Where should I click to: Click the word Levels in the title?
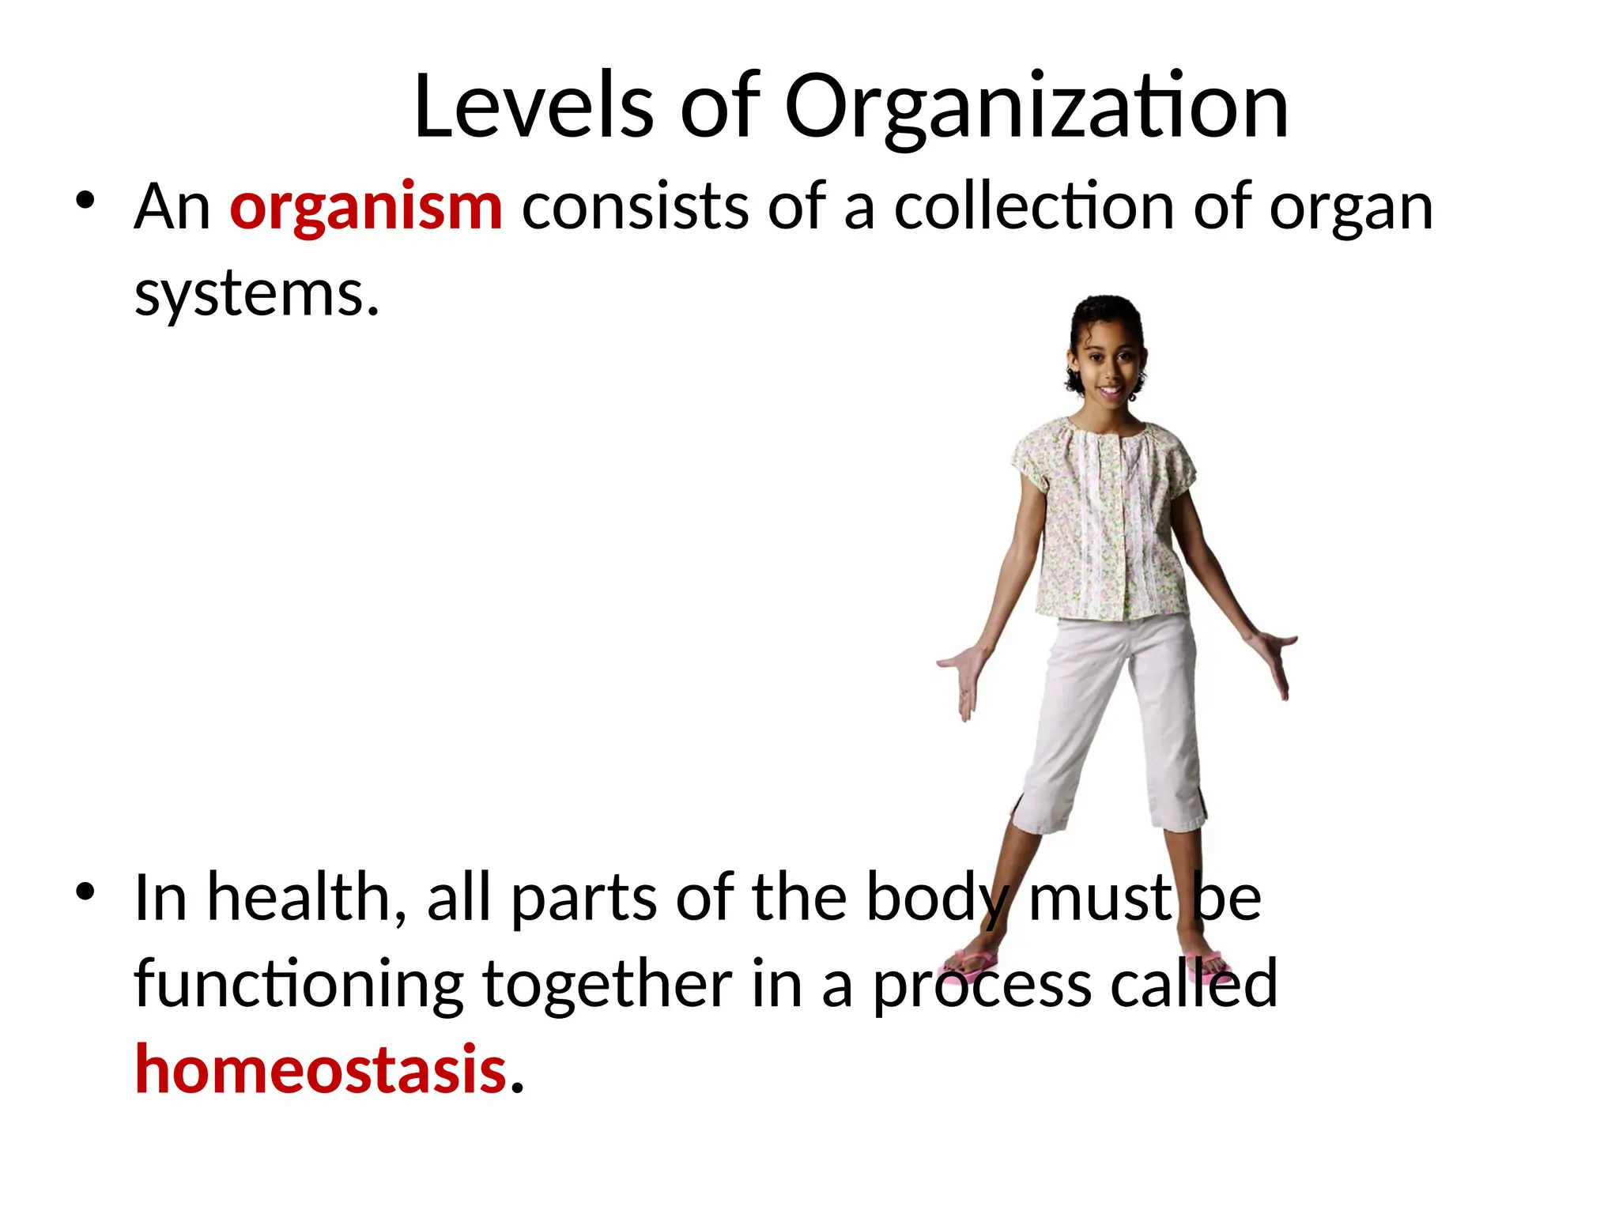[x=533, y=107]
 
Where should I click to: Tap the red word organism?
[x=366, y=207]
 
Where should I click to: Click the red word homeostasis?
[x=320, y=1069]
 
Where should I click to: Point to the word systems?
[x=257, y=295]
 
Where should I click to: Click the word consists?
[x=635, y=207]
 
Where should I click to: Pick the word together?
[x=607, y=986]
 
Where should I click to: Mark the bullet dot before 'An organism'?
[x=85, y=200]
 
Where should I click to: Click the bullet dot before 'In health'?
[x=85, y=892]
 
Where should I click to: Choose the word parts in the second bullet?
[x=583, y=899]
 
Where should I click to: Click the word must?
[x=1099, y=898]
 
